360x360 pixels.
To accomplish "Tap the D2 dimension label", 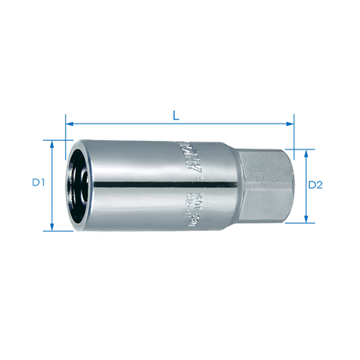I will pyautogui.click(x=315, y=185).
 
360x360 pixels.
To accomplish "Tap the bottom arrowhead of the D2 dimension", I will pyautogui.click(x=301, y=218).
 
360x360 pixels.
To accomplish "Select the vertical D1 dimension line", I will pyautogui.click(x=52, y=203).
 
